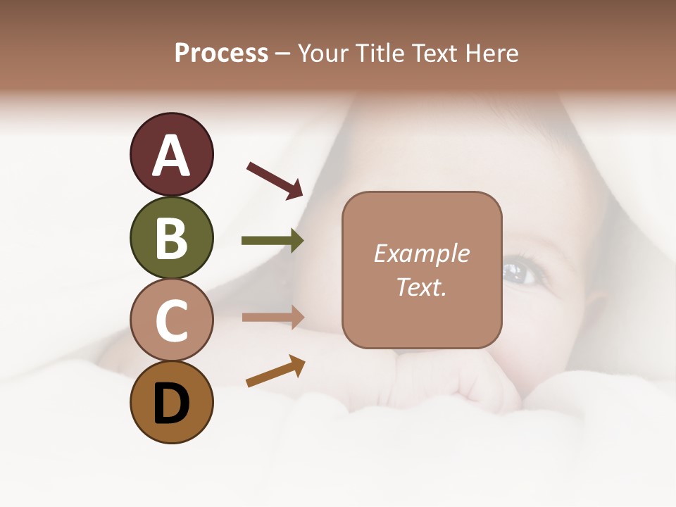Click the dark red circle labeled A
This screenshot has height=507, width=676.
point(171,154)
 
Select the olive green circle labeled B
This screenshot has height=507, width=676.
point(171,237)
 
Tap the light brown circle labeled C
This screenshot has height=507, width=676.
point(171,320)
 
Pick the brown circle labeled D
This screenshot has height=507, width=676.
point(171,402)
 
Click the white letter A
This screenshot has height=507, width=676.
point(171,156)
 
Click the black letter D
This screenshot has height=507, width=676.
point(171,403)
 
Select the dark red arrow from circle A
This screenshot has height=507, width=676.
point(275,180)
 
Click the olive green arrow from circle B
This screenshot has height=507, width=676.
point(273,241)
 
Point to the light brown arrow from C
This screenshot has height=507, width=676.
point(273,317)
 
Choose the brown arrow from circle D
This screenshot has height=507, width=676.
point(275,371)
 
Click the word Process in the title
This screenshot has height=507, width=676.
point(221,53)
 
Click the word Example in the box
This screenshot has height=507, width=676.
point(421,254)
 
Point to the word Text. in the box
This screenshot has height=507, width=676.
point(421,287)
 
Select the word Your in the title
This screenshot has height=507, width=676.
point(323,53)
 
